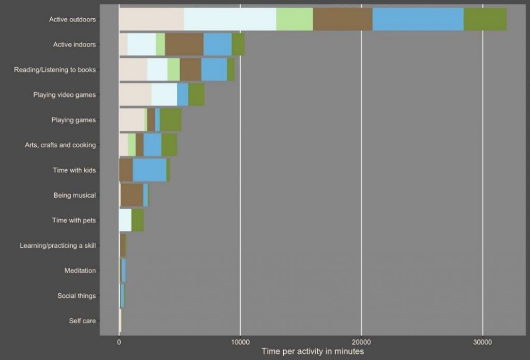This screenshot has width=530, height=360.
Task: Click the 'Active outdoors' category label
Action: [72, 20]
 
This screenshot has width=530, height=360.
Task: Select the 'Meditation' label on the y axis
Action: [80, 271]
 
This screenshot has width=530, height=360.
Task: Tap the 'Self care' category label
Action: [82, 321]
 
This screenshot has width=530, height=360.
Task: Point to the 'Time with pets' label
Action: [73, 220]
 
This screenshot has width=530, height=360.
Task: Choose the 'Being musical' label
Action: [75, 196]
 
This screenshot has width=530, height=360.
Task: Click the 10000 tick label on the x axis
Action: [240, 342]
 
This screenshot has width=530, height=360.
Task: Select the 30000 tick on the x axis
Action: [482, 342]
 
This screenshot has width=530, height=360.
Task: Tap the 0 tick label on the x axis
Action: [119, 342]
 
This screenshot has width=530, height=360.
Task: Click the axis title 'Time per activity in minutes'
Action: [313, 352]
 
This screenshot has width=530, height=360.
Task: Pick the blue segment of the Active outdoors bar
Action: [418, 20]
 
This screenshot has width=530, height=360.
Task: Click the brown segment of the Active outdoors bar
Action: [343, 20]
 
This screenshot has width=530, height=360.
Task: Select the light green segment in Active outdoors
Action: [295, 20]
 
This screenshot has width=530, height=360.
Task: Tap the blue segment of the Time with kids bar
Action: [150, 170]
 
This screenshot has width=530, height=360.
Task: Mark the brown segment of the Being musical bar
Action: [131, 195]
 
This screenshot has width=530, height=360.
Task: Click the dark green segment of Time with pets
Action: [138, 220]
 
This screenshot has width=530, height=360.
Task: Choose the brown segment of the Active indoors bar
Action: [184, 44]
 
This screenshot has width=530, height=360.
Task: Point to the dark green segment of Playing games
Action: [171, 120]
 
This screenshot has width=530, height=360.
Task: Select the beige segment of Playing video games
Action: [135, 95]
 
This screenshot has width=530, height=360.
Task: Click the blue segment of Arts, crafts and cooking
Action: [152, 145]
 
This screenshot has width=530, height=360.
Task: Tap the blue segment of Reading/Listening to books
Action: [214, 69]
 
